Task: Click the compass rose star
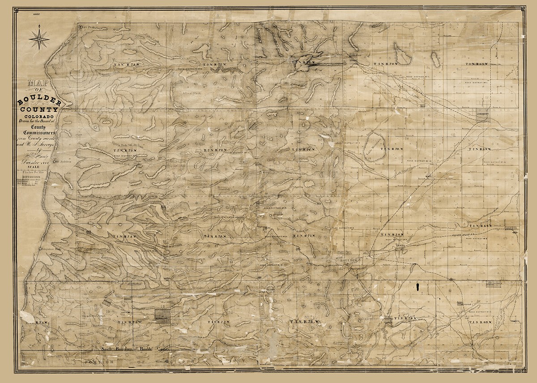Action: point(39,39)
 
